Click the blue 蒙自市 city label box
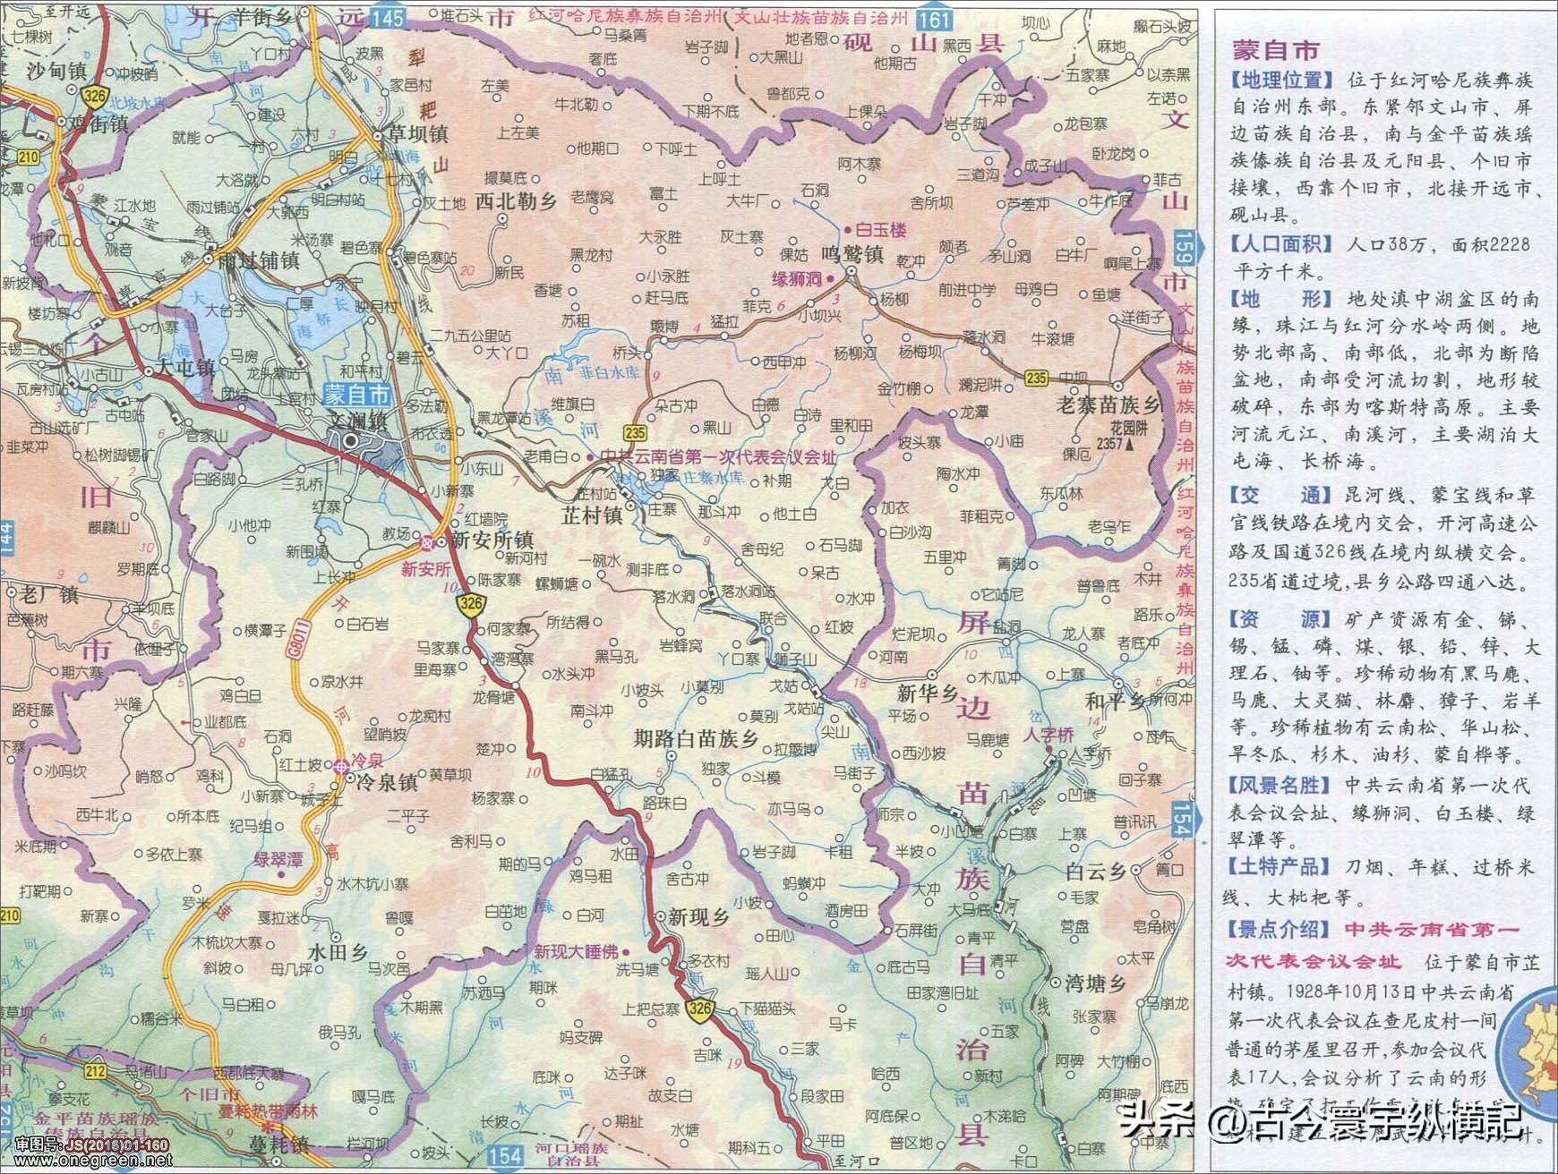pyautogui.click(x=357, y=396)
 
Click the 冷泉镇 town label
pyautogui.click(x=386, y=782)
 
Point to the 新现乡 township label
pyautogui.click(x=692, y=917)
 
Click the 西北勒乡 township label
pyautogui.click(x=517, y=201)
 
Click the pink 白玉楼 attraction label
pyautogui.click(x=881, y=230)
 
